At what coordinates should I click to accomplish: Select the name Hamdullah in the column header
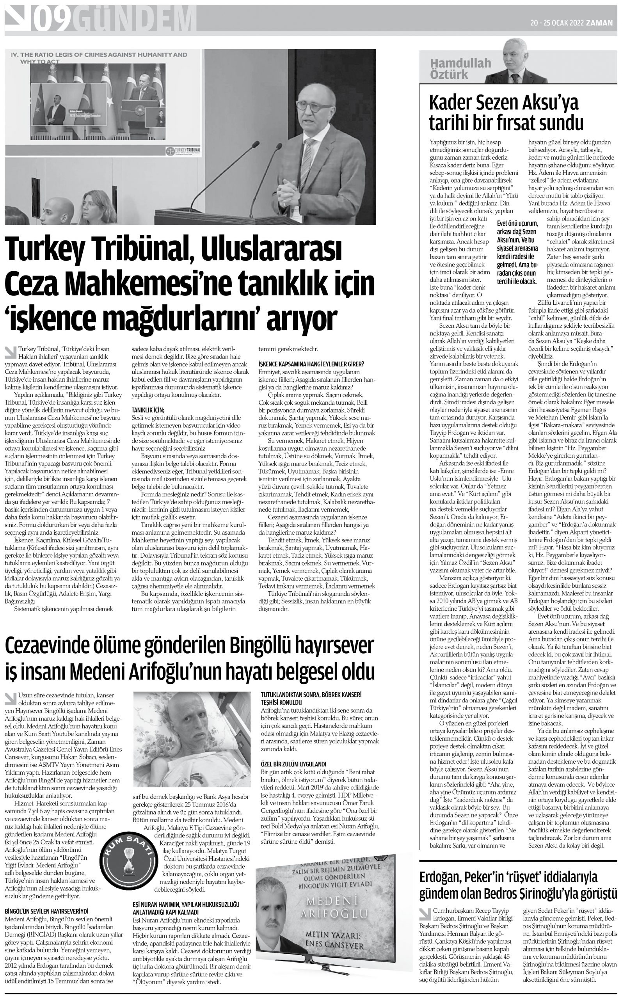[461, 63]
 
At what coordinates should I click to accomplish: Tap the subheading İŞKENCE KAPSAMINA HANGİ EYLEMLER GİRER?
[311, 364]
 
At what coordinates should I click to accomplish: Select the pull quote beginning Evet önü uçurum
[517, 252]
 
